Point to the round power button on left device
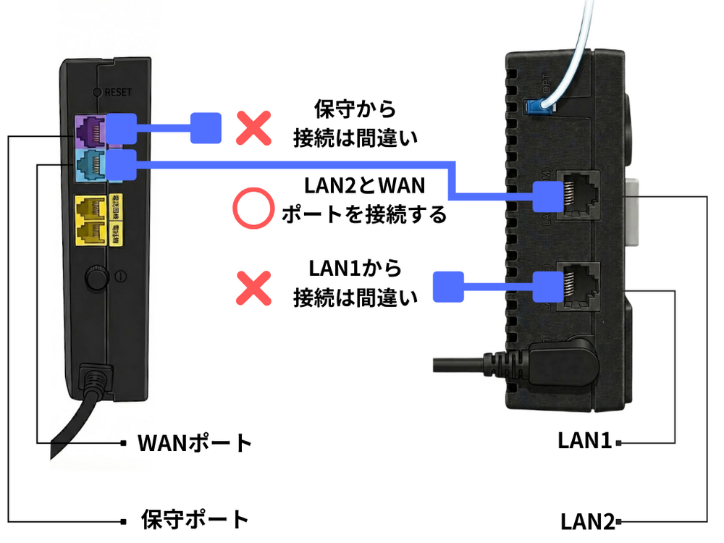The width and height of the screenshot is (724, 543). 93,277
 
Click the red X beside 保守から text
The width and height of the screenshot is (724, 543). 253,128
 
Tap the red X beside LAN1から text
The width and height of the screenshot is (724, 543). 253,287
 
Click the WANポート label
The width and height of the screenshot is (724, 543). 195,442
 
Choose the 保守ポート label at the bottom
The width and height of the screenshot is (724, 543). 195,519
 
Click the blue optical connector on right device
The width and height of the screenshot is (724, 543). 536,106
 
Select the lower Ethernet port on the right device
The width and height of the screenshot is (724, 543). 577,284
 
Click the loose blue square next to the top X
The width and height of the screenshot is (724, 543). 205,128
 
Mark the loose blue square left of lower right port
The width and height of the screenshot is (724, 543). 447,287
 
